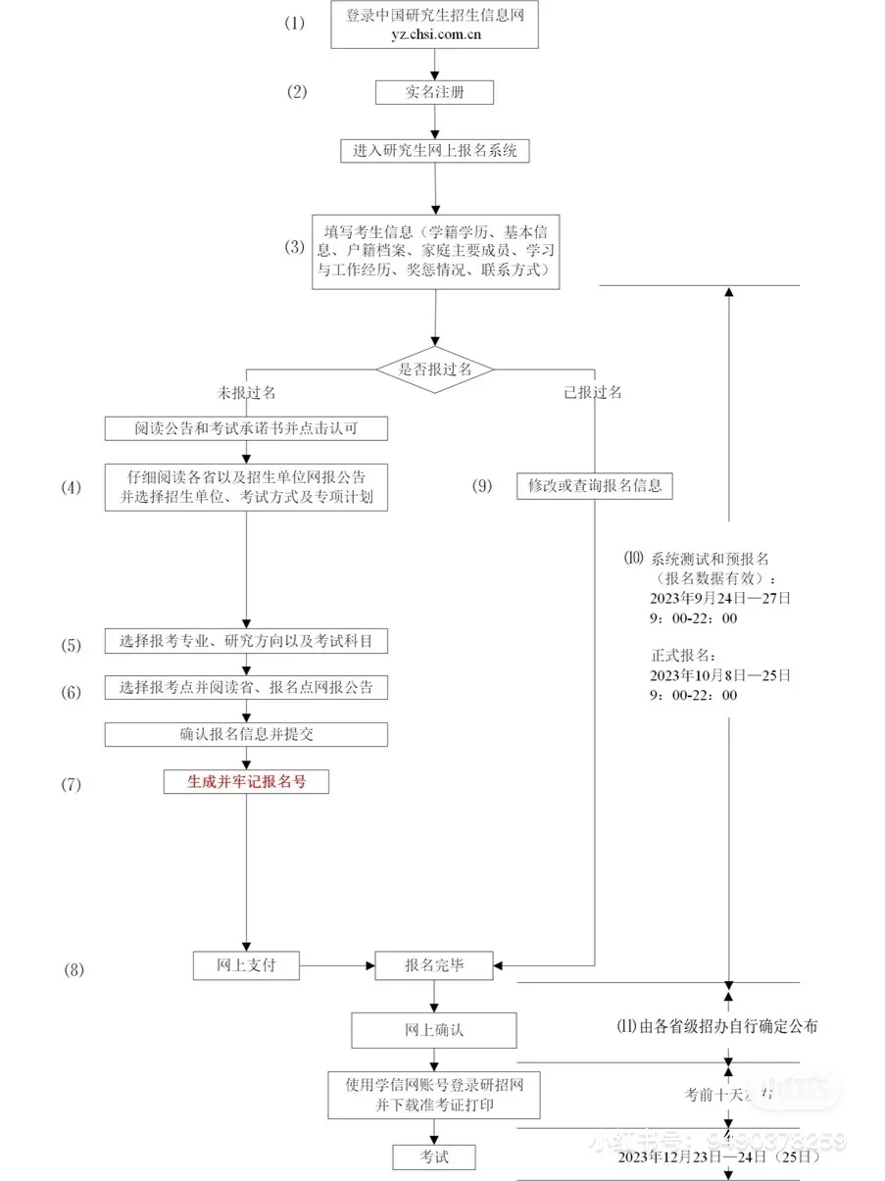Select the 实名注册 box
pos(434,92)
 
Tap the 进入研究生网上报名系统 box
pos(434,151)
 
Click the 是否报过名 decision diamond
pos(434,369)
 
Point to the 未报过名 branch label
pos(246,392)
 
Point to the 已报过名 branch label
pos(593,392)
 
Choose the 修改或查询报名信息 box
pos(595,485)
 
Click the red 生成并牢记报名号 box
pos(246,781)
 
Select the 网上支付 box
pos(246,965)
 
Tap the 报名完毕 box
pos(434,965)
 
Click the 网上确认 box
pos(434,1030)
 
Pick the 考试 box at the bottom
pos(434,1156)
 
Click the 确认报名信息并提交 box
pos(246,734)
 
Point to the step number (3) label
pos(295,247)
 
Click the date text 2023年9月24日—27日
pos(719,598)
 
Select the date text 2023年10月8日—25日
pos(719,676)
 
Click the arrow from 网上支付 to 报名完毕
pos(337,965)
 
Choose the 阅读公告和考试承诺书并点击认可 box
pos(246,428)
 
